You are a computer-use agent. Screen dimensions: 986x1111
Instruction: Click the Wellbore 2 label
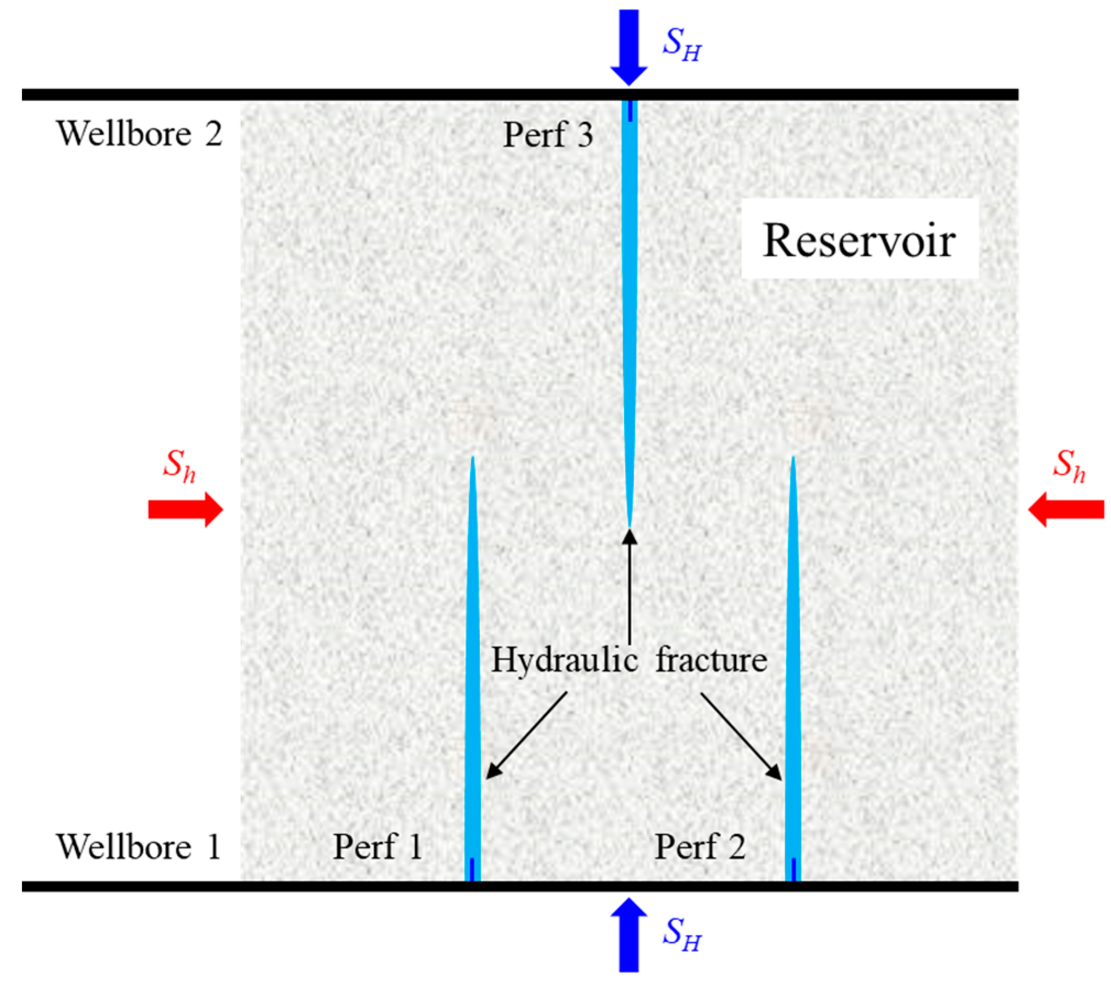click(139, 134)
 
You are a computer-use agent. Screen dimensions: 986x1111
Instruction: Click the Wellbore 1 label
click(138, 846)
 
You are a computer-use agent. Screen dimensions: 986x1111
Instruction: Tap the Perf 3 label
click(548, 135)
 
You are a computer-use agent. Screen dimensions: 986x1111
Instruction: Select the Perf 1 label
click(377, 846)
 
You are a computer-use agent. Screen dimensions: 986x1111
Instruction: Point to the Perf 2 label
click(700, 846)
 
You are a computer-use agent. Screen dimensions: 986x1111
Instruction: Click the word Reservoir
click(859, 241)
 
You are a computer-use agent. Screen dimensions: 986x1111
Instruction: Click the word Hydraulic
click(564, 660)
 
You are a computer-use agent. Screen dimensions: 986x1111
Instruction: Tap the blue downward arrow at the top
click(629, 47)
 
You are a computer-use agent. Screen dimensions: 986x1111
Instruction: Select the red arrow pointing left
click(1066, 510)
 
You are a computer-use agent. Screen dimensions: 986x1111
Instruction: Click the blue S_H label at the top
click(682, 44)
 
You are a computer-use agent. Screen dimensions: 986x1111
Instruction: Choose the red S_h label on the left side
click(179, 466)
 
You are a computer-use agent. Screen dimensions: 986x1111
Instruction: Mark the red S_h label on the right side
click(1069, 466)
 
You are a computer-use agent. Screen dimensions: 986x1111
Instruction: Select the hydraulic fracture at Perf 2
click(792, 660)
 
